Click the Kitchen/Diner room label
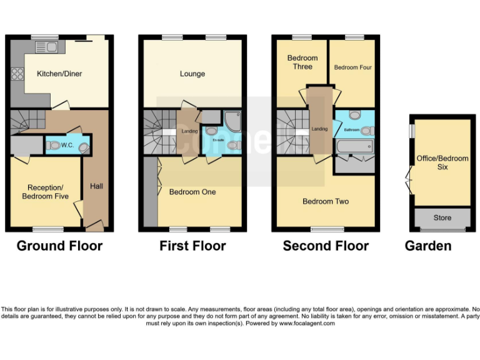59,74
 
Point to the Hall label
96,186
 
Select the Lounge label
192,74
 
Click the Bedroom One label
192,192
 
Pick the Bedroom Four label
352,67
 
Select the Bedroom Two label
326,201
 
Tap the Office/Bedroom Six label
442,162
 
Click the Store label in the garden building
442,218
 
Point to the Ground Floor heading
59,246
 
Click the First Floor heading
192,246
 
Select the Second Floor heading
326,246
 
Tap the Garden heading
428,246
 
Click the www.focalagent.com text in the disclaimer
307,323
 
